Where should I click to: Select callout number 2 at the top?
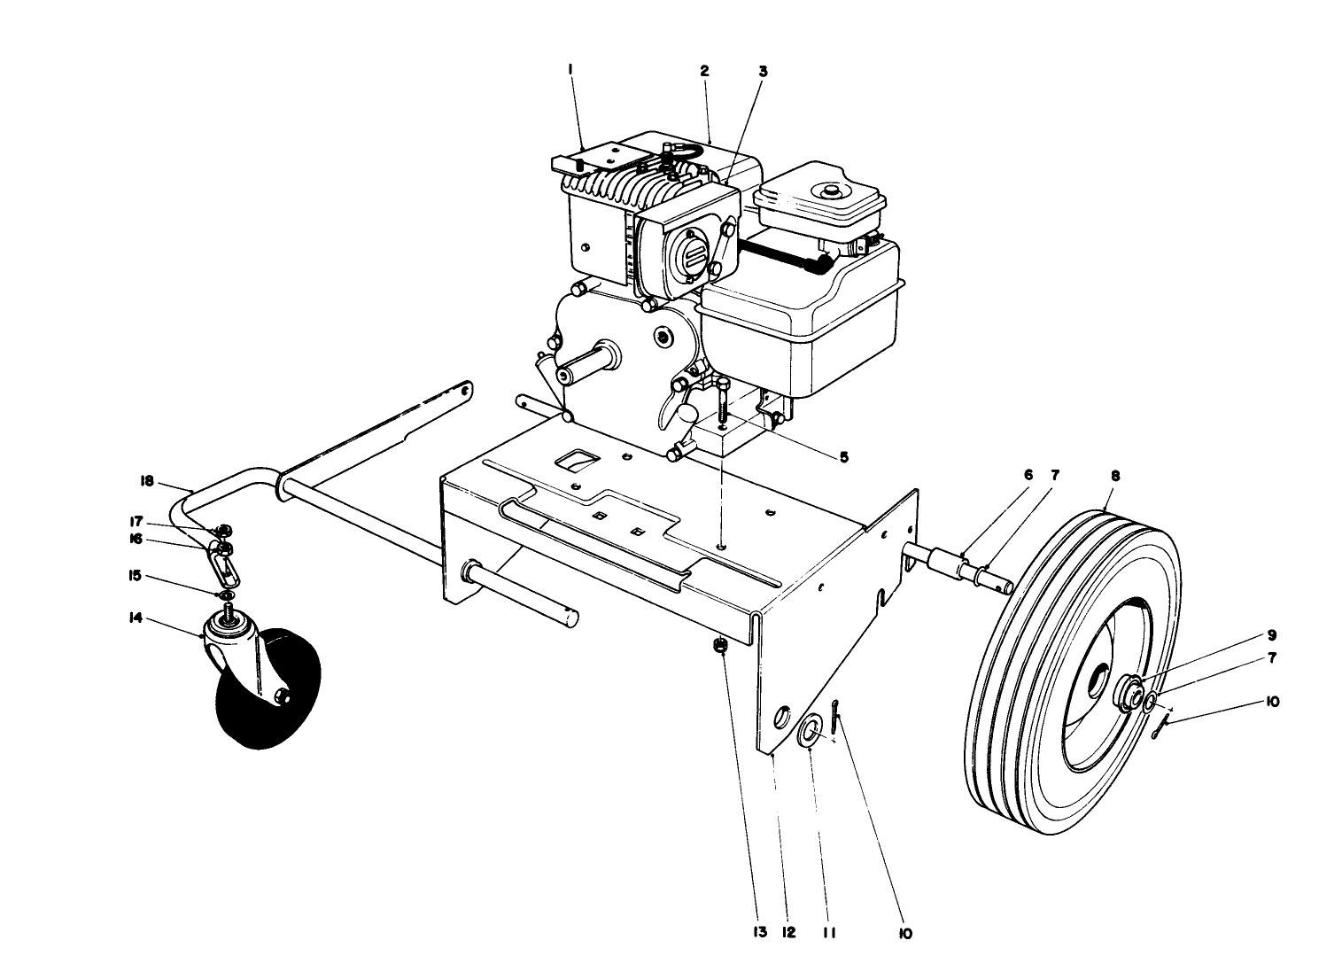pos(705,71)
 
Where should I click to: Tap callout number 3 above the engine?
pos(762,71)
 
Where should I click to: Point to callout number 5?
pos(842,457)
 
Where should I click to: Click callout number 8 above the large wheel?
pos(1114,476)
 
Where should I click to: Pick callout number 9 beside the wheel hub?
pos(1270,634)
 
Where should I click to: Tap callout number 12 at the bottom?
pos(788,932)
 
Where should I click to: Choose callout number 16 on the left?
pos(136,537)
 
